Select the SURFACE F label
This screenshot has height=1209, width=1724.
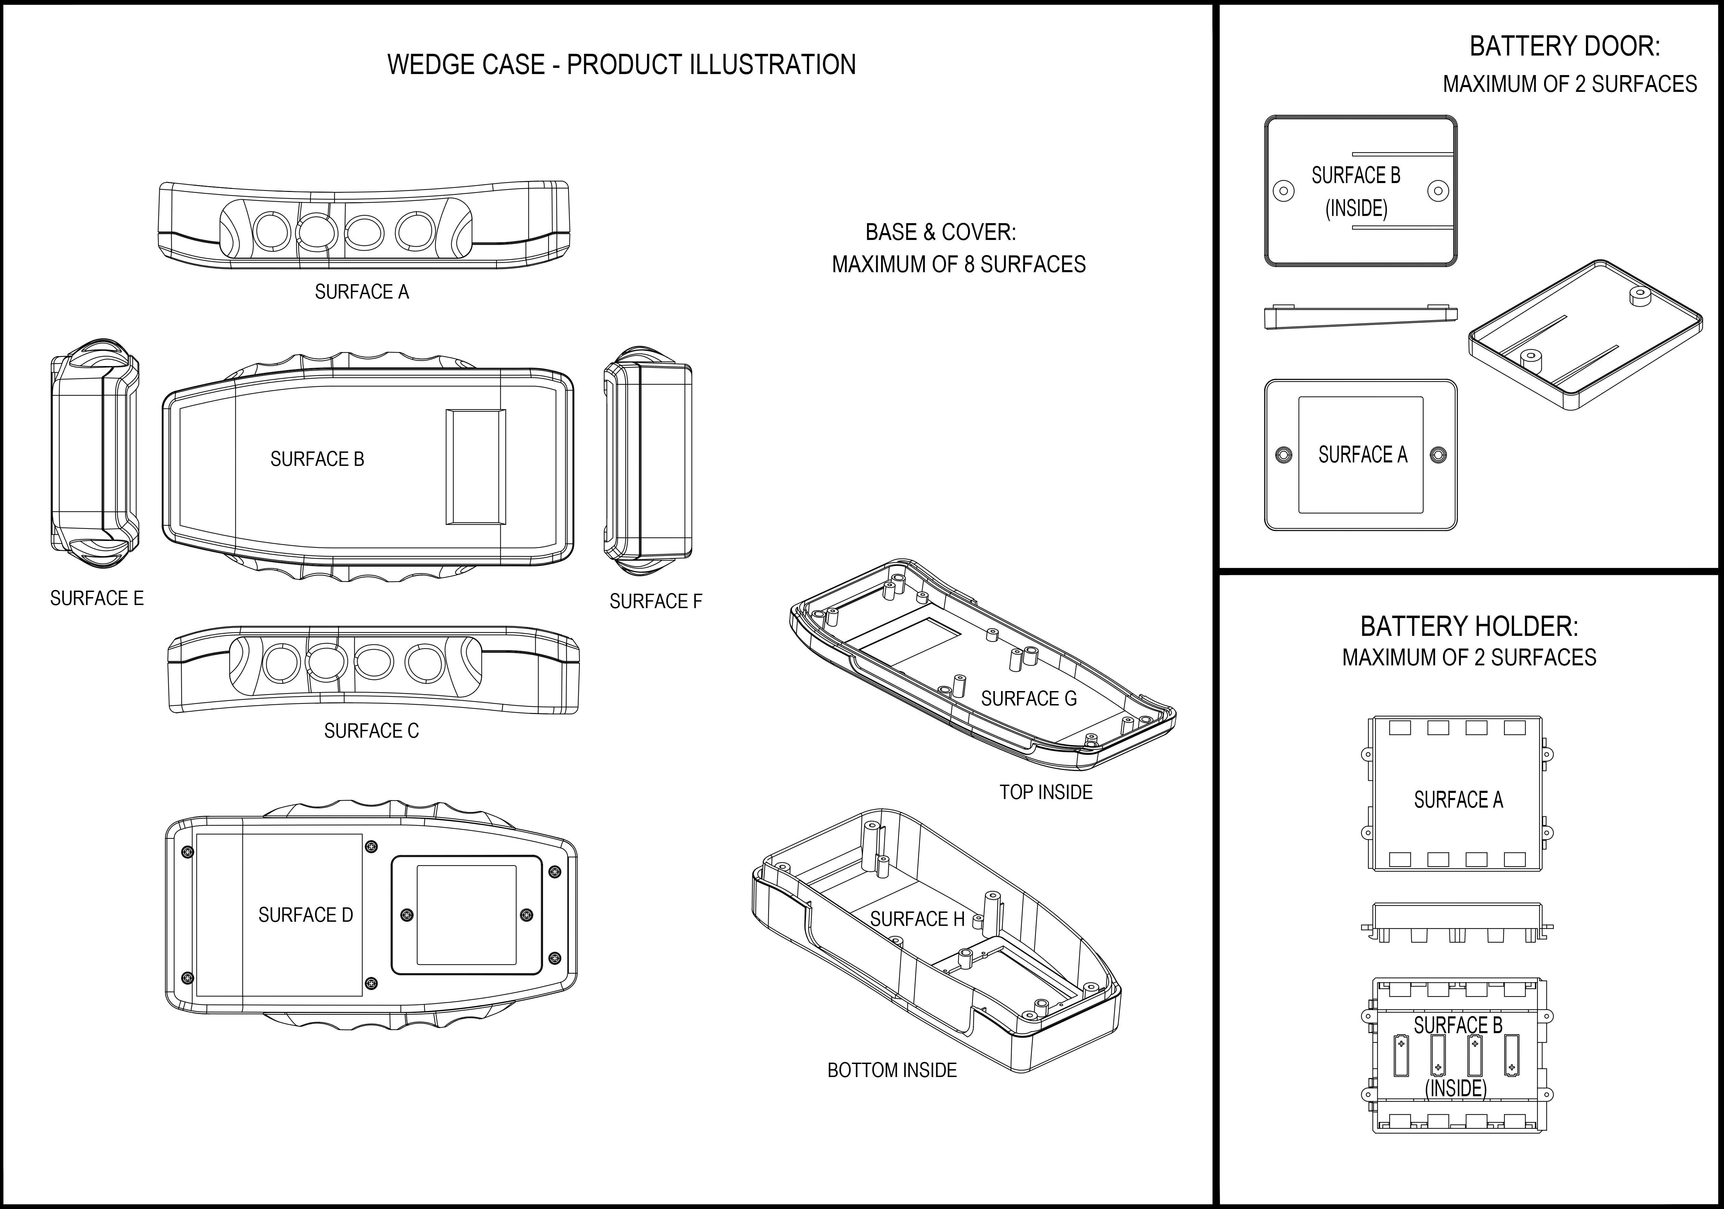(x=656, y=602)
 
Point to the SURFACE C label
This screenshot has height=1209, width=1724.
(x=371, y=731)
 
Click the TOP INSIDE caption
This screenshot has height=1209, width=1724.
(x=1045, y=792)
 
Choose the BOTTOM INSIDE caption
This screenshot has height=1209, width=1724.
(x=892, y=1070)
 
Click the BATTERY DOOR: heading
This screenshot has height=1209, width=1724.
(x=1564, y=47)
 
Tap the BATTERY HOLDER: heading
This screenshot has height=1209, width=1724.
(x=1469, y=626)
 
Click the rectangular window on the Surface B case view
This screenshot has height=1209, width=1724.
(x=475, y=466)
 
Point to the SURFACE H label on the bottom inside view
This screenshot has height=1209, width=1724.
(x=917, y=919)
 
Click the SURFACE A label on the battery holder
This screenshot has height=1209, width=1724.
(x=1458, y=800)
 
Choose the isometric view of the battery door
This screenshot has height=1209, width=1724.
(x=1585, y=335)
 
